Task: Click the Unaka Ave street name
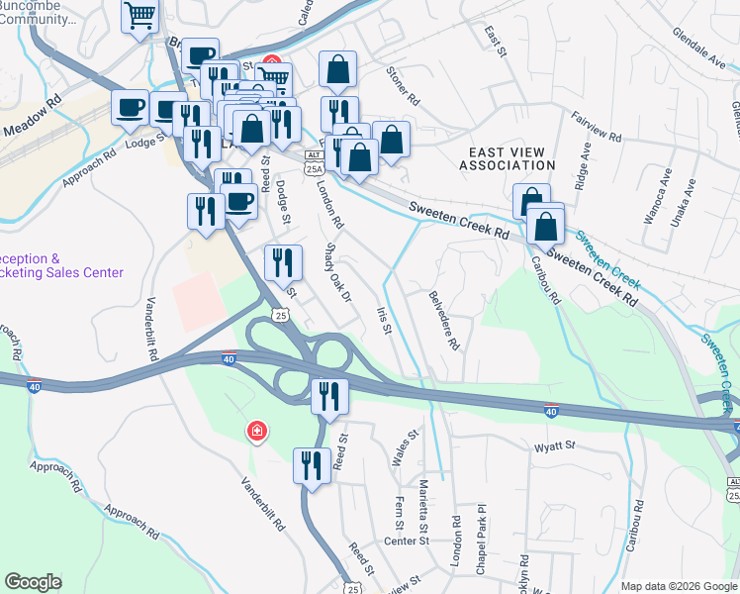[x=683, y=203]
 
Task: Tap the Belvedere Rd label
[x=443, y=320]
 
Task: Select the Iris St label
[x=385, y=319]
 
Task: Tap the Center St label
[x=406, y=541]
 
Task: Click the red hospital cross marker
[x=256, y=431]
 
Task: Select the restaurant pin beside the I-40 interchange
[x=328, y=396]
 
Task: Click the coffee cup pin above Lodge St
[x=129, y=106]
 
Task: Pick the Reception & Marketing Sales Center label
[x=59, y=264]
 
